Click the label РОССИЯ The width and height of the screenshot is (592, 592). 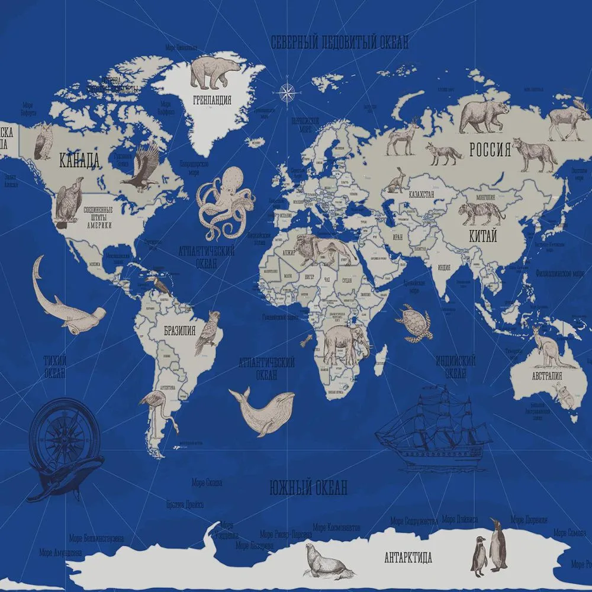click(x=490, y=150)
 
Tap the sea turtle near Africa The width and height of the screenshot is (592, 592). click(x=414, y=323)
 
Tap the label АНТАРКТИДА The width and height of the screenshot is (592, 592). click(x=408, y=558)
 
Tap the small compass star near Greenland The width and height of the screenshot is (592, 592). click(x=287, y=91)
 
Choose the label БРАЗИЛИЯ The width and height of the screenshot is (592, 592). click(x=180, y=331)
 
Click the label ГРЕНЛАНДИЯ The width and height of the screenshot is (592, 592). click(x=212, y=100)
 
